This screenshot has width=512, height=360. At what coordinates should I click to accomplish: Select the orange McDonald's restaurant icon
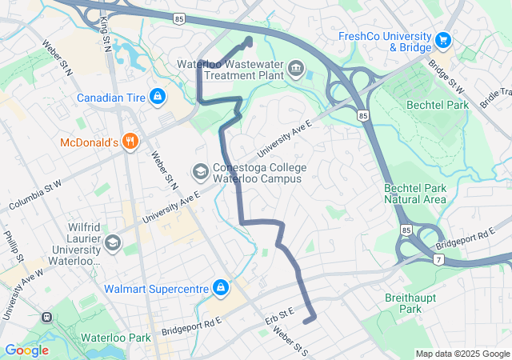pos(130,142)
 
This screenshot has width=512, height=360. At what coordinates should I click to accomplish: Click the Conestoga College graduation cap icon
pos(200,171)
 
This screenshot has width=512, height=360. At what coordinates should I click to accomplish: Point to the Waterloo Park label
pos(115,338)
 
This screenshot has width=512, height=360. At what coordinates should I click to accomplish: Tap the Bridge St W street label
pos(446,74)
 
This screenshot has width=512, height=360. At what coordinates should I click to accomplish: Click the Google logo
pos(26,350)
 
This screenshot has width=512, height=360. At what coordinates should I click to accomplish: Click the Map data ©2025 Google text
pos(462,354)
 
